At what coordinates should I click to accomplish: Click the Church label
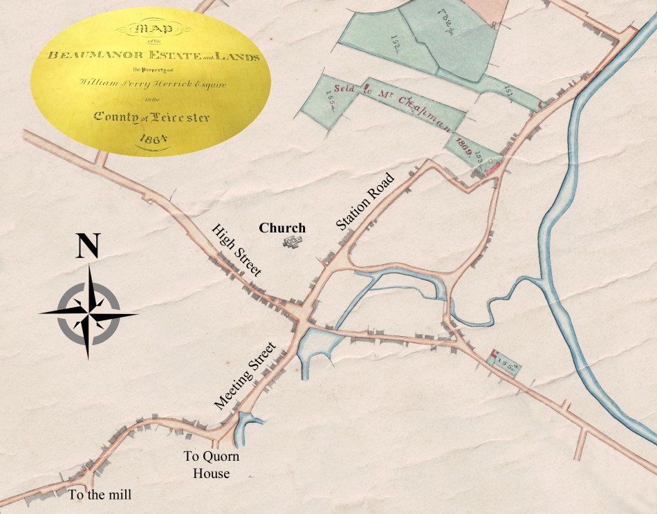pyautogui.click(x=282, y=228)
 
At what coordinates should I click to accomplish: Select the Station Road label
pyautogui.click(x=365, y=201)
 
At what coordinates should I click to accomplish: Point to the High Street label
pyautogui.click(x=236, y=250)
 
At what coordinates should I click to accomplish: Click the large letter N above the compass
pyautogui.click(x=87, y=246)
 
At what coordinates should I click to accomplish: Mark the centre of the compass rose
pyautogui.click(x=88, y=313)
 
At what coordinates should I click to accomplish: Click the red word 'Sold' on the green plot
pyautogui.click(x=346, y=89)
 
